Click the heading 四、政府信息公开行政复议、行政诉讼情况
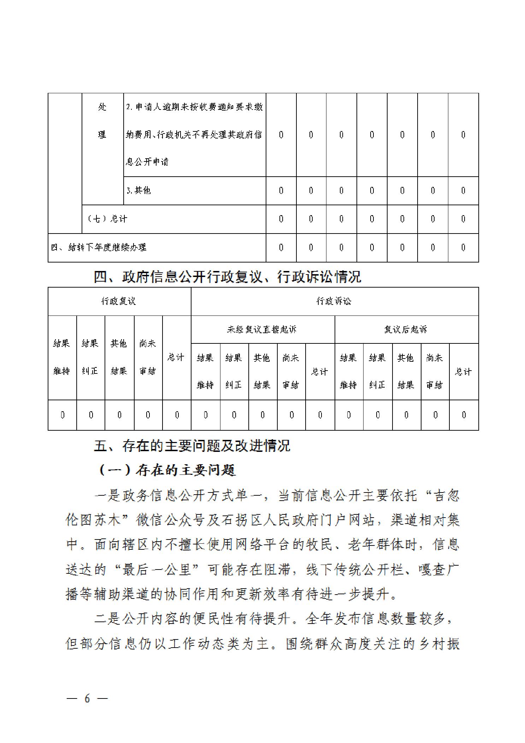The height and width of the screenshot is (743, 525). pyautogui.click(x=227, y=277)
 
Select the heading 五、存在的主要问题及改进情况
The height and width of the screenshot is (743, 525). pyautogui.click(x=192, y=446)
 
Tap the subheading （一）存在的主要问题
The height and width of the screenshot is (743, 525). pyautogui.click(x=165, y=470)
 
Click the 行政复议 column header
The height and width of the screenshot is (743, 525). pyautogui.click(x=119, y=301)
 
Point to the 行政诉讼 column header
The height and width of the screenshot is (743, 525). pyautogui.click(x=334, y=301)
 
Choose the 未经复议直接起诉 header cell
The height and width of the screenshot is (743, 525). pyautogui.click(x=262, y=329)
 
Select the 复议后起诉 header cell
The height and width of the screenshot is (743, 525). pyautogui.click(x=406, y=329)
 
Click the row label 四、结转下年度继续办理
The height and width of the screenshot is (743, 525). pyautogui.click(x=99, y=247)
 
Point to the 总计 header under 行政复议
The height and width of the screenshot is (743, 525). pyautogui.click(x=176, y=357)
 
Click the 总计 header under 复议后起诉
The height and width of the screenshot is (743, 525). pyautogui.click(x=463, y=371)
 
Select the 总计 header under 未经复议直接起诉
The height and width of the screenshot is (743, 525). pyautogui.click(x=319, y=371)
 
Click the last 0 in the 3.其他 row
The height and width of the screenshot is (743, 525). pyautogui.click(x=463, y=191)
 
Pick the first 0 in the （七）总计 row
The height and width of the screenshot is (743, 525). pyautogui.click(x=281, y=219)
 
